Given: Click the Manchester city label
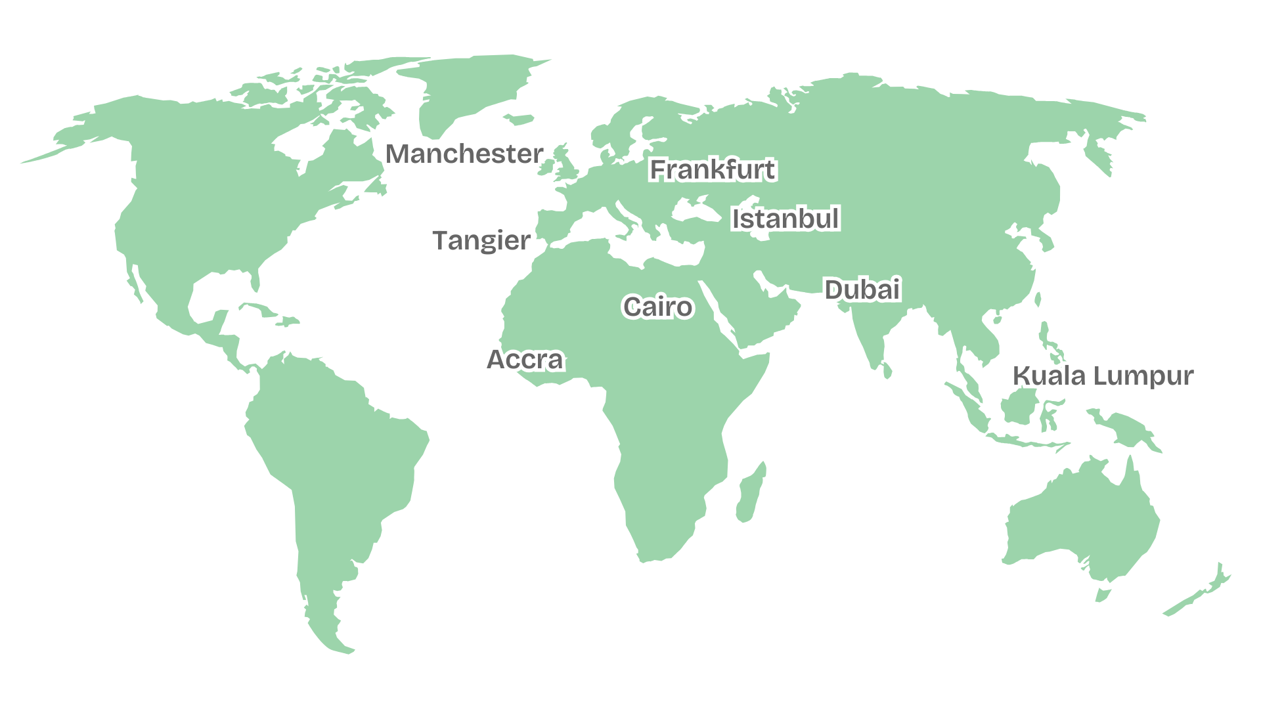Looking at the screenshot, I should click(464, 154).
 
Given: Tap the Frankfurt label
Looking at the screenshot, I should click(713, 170).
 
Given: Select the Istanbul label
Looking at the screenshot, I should click(785, 219).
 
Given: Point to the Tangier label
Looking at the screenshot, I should click(481, 241).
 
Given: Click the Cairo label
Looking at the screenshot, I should click(657, 307).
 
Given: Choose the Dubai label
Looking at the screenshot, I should click(862, 290).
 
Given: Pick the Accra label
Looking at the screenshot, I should click(525, 360).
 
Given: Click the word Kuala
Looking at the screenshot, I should click(1049, 376).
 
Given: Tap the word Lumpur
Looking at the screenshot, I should click(1143, 376).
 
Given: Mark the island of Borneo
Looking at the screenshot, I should click(1020, 406).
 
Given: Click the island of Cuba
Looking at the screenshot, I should click(263, 309).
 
